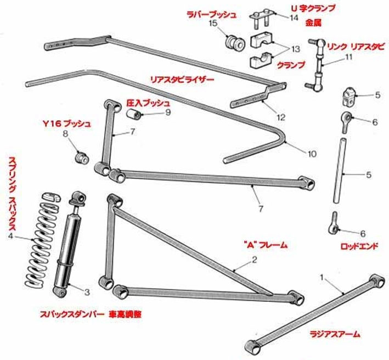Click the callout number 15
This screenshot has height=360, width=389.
[213, 24]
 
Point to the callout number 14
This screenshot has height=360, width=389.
[294, 18]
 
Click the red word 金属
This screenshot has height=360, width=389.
[313, 23]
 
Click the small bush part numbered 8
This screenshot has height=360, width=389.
[82, 158]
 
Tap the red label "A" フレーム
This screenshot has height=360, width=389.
[265, 244]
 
